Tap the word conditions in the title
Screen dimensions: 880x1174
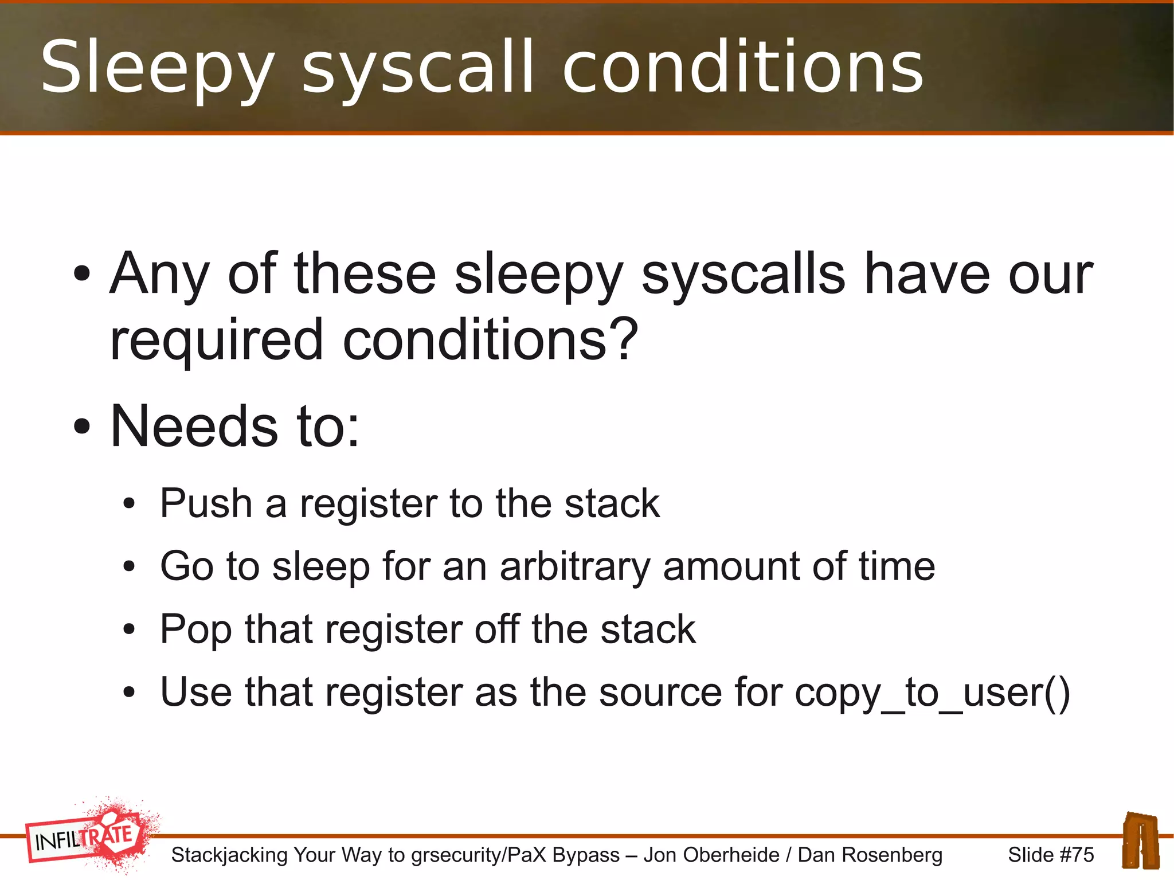(x=742, y=68)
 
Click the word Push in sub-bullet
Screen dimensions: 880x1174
(x=206, y=503)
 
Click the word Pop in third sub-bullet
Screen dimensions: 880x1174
(x=195, y=630)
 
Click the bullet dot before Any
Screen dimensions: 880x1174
(x=82, y=273)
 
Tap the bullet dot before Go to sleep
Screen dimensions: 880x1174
(x=129, y=567)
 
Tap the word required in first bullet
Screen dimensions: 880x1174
(x=217, y=340)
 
